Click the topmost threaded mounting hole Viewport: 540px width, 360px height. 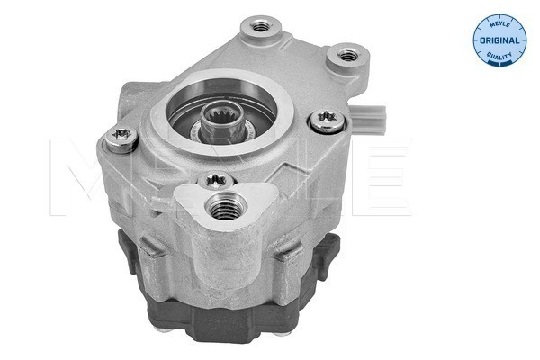262,24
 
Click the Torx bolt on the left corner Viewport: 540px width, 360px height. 120,137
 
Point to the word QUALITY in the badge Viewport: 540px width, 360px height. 498,56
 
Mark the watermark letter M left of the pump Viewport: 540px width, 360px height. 72,171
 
